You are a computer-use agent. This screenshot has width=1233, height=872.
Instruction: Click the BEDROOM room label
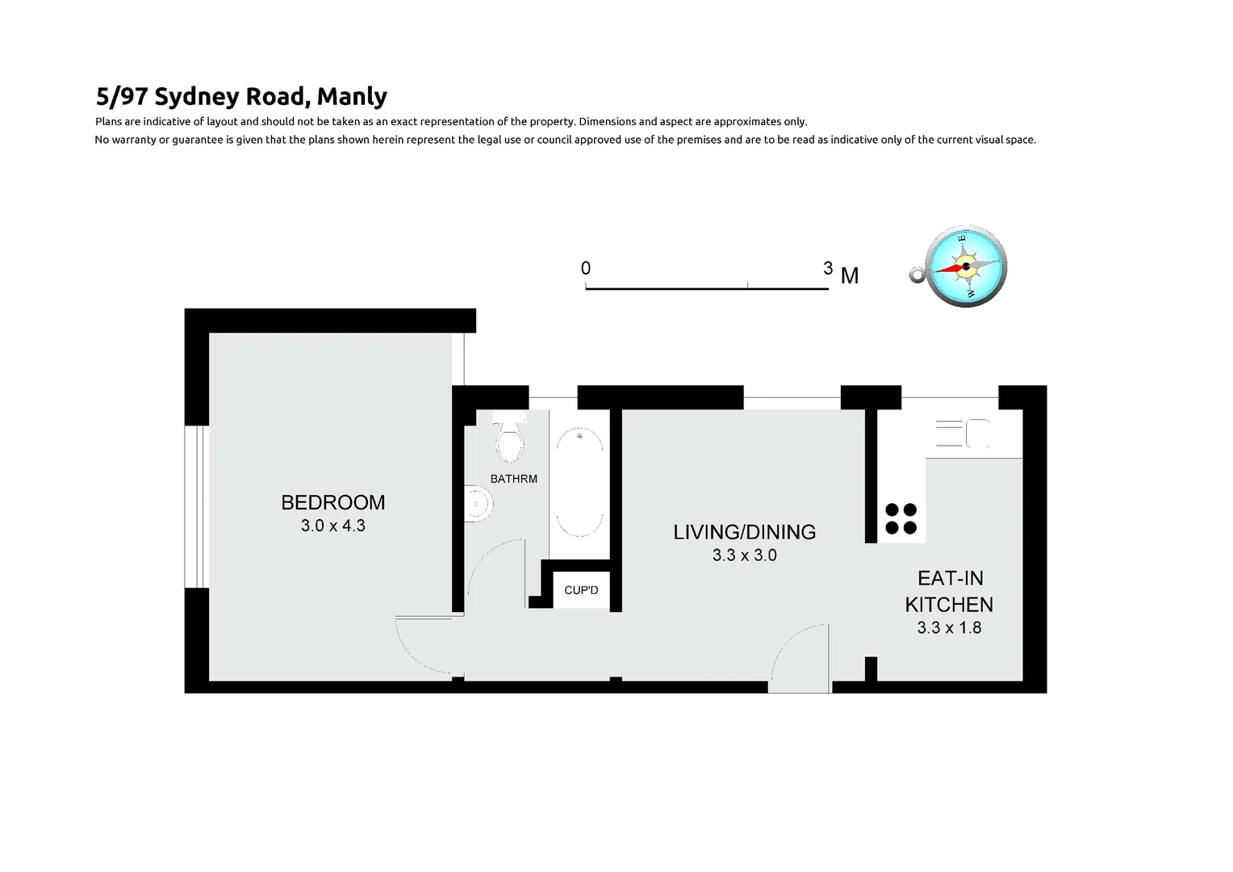pos(332,502)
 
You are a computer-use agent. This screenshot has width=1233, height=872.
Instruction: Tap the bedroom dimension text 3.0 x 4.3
pos(332,526)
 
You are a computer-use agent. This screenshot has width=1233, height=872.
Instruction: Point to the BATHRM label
pos(513,479)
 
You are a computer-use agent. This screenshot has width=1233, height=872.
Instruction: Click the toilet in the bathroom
pos(509,441)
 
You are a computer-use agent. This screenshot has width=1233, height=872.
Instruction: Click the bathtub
pos(579,483)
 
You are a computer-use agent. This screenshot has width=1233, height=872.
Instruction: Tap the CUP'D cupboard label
pos(581,590)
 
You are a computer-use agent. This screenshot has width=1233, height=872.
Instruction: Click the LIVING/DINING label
pos(744,532)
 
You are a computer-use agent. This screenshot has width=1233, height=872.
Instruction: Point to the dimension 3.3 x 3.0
pos(744,555)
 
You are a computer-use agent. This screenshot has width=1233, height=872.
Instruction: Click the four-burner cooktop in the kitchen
pos(901,518)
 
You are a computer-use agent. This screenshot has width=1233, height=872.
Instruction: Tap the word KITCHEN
pos(949,604)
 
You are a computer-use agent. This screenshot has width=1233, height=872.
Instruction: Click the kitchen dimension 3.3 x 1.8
pos(949,627)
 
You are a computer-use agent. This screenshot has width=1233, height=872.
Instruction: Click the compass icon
pos(965,266)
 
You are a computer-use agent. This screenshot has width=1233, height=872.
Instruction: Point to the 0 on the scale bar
pos(586,268)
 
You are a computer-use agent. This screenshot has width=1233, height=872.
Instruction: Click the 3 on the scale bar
pos(828,268)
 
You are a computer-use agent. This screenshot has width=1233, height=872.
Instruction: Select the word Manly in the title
pos(352,96)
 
